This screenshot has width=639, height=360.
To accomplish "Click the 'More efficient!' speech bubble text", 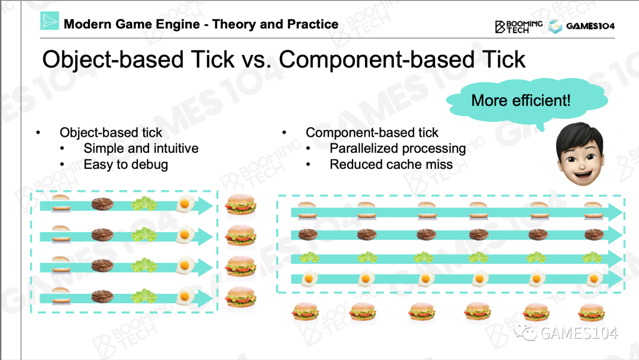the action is coord(521,100).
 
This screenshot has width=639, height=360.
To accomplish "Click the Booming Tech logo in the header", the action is coord(519,27).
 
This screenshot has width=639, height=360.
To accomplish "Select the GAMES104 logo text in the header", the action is coord(590,26).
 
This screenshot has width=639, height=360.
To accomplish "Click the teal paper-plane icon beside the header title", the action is coord(50,20).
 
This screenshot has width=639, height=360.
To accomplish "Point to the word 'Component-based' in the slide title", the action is coord(376,60).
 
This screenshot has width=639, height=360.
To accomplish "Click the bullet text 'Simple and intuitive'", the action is coord(141,149).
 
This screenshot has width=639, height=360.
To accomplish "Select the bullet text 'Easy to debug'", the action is coord(125,164).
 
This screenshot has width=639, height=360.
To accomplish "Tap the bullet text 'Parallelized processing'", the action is coord(398,149).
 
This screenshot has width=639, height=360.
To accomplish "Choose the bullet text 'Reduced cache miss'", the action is coord(391,164).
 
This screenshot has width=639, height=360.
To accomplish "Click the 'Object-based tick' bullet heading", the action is coord(111,133).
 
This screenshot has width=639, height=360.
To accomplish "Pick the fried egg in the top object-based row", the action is coord(185,204).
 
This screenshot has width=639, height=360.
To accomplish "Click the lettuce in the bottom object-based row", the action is coord(144,296).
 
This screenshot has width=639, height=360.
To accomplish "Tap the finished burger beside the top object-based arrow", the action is coord(241,204).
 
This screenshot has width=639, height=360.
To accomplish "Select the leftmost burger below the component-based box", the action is coord(305,312).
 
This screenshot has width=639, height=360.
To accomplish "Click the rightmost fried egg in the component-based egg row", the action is coord(594,279).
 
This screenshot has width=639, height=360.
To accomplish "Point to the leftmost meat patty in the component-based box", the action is coord(308,234).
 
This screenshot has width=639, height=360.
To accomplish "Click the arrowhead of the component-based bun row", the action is coord(615,212).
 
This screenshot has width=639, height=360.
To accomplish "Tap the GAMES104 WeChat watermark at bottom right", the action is coord(566,333).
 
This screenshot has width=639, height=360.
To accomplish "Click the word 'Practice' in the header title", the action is coord(312,24).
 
